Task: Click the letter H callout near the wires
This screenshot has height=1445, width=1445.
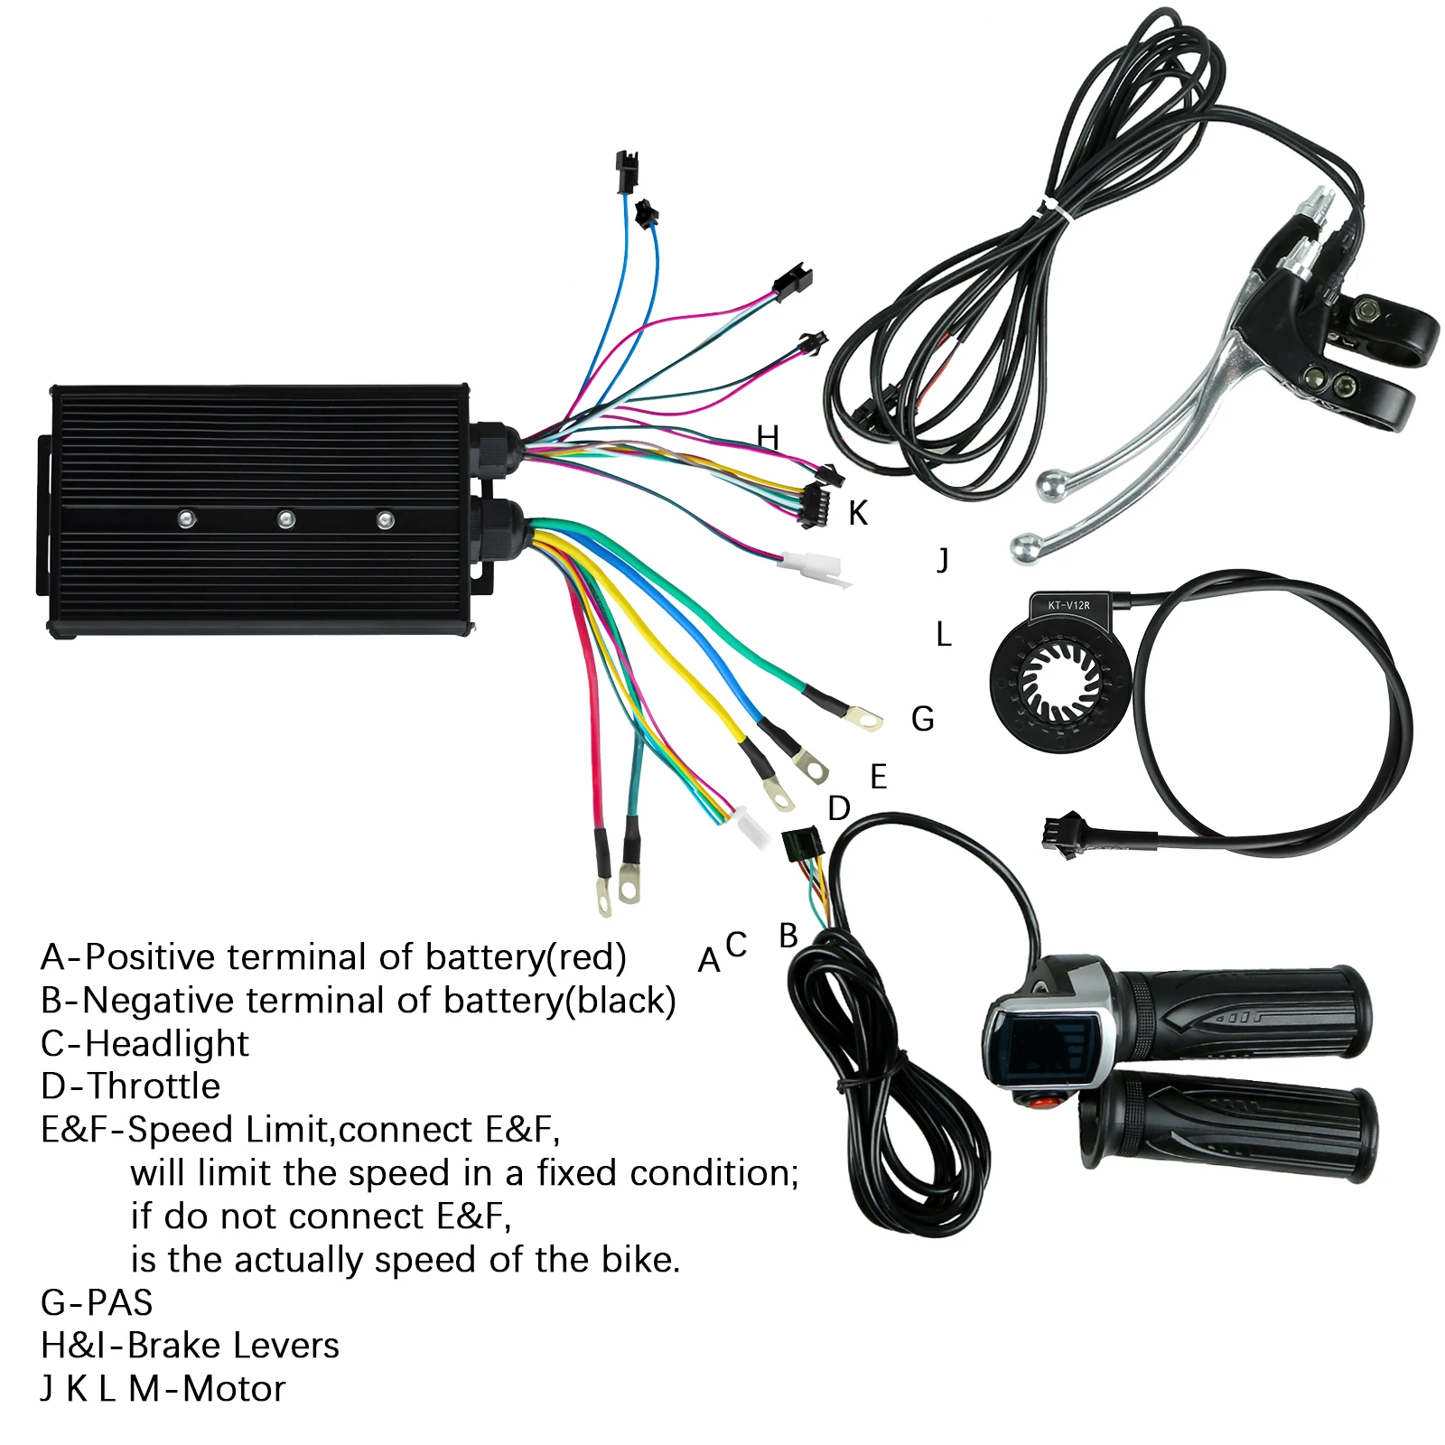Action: pos(768,438)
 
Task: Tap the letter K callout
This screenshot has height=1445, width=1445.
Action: pos(858,514)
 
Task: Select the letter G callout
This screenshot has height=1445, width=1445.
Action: pos(922,720)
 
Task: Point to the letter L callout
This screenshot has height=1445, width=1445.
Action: pos(944,635)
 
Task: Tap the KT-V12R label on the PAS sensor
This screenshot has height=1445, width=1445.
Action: pos(1069,605)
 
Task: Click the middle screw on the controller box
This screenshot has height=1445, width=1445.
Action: pos(286,519)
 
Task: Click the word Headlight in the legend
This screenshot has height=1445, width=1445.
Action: pos(167,1044)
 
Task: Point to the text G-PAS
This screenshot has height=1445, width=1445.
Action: pos(97,1303)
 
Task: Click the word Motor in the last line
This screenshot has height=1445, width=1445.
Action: pos(234,1389)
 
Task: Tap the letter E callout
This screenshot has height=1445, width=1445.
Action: pos(879,777)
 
